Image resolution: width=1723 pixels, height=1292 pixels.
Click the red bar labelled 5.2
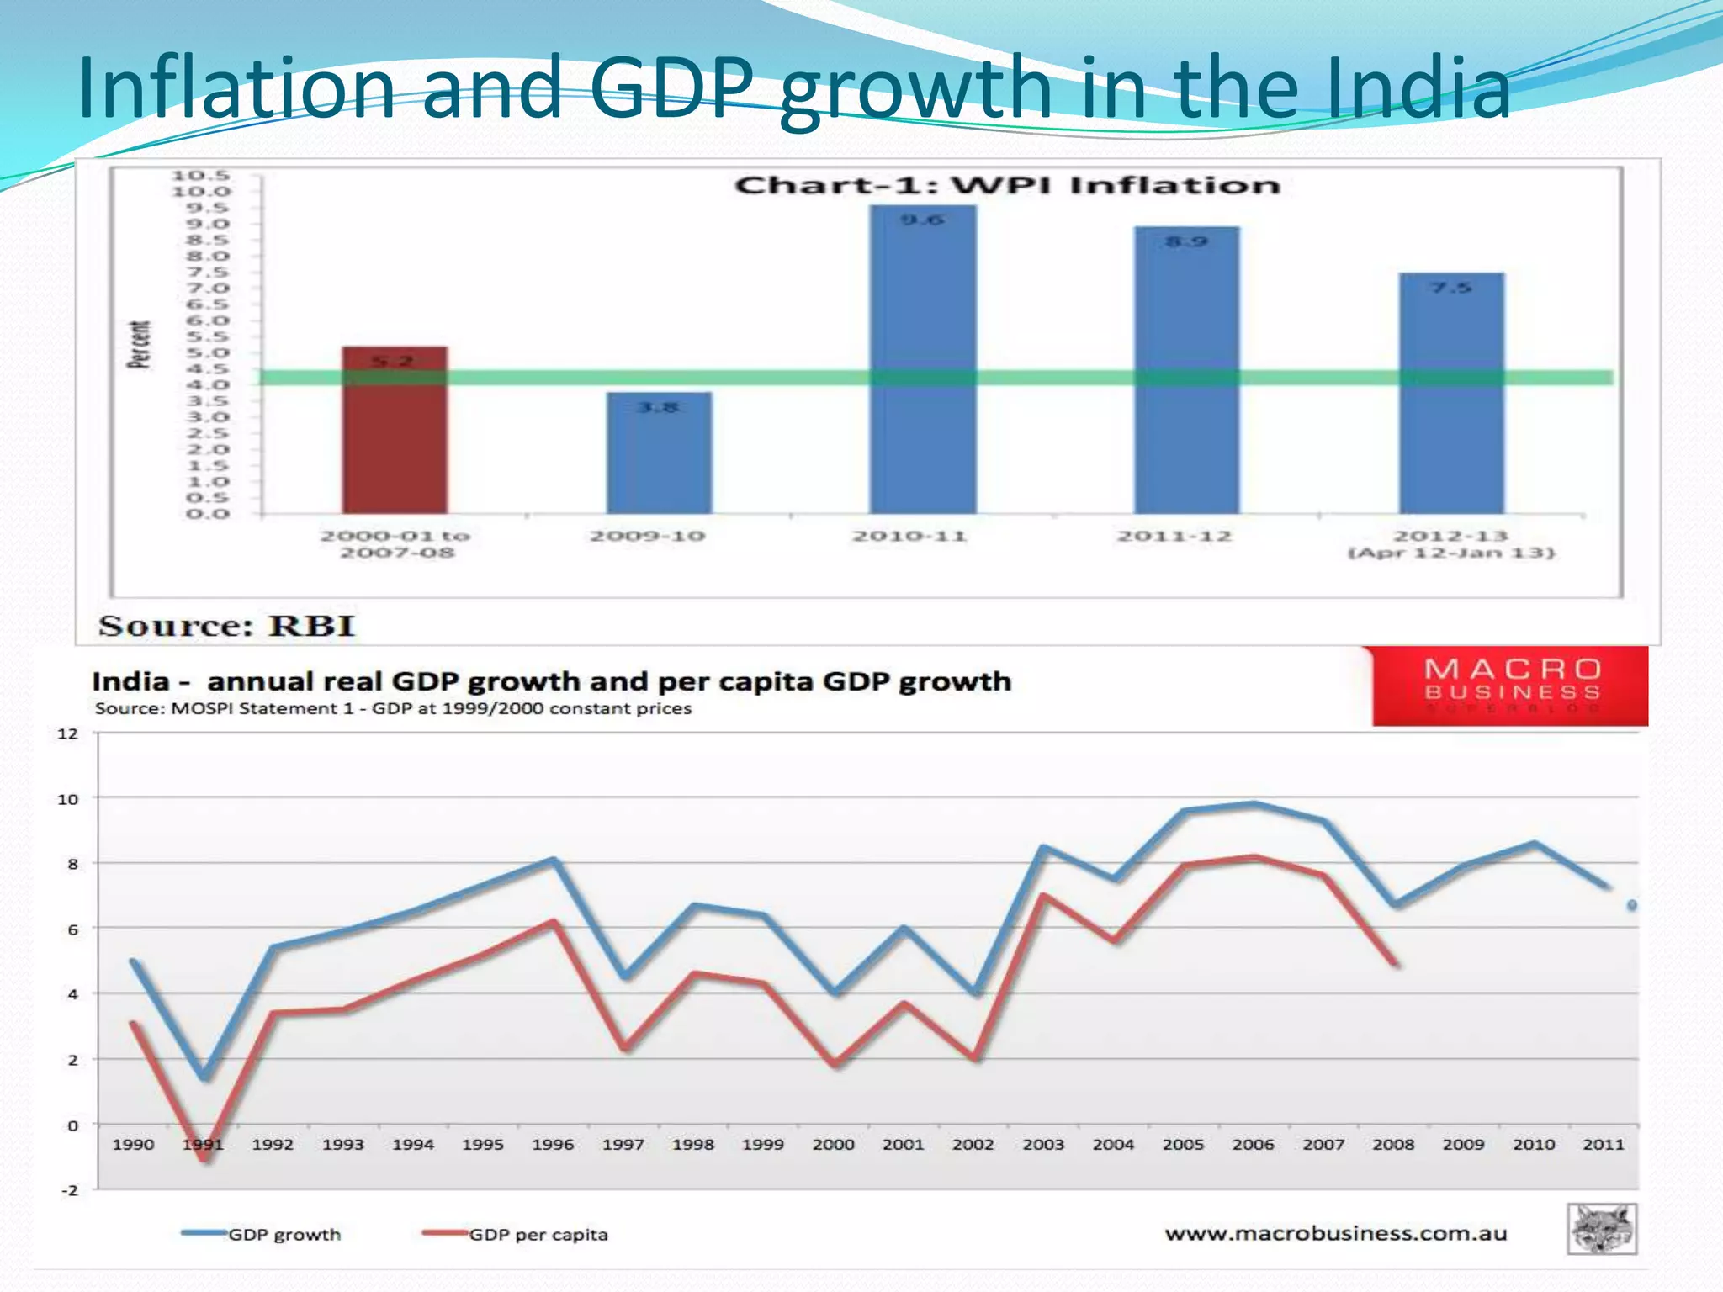coord(395,437)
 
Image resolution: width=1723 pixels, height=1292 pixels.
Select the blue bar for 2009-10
coord(659,458)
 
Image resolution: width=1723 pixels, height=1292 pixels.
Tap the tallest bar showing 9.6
coord(923,362)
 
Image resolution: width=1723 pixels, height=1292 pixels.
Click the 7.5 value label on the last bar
coord(1452,288)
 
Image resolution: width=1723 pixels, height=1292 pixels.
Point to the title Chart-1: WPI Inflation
coord(1007,185)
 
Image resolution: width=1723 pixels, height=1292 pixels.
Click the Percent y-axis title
coord(140,344)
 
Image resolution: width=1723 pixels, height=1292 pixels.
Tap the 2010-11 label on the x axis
coord(909,536)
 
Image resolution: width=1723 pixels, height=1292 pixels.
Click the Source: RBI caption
coord(227,626)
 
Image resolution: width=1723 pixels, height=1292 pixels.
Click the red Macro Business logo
coord(1510,686)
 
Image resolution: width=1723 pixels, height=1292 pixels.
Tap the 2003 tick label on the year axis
coord(1043,1144)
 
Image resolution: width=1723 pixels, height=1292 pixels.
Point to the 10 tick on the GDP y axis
coord(68,799)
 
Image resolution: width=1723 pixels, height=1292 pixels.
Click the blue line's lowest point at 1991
coord(204,1076)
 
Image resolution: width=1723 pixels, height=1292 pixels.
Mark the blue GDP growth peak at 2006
coord(1254,804)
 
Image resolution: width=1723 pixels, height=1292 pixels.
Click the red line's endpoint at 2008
coord(1396,963)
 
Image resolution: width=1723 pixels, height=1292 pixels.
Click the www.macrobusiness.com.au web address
coord(1336,1233)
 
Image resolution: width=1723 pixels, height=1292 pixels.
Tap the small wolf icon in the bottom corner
coord(1602,1229)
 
